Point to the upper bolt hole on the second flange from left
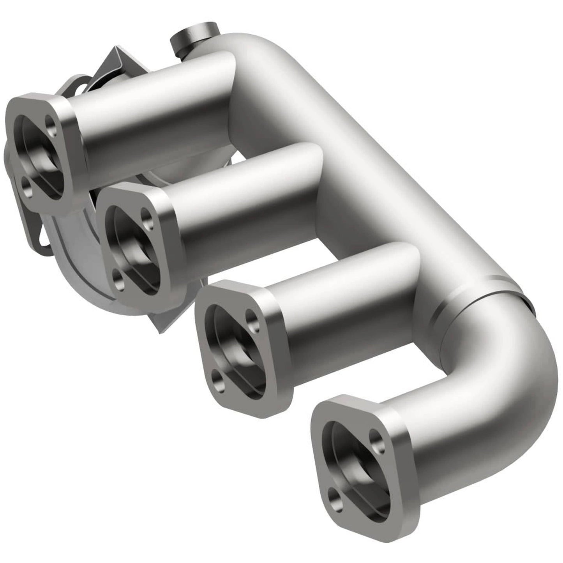pyautogui.click(x=146, y=215)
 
